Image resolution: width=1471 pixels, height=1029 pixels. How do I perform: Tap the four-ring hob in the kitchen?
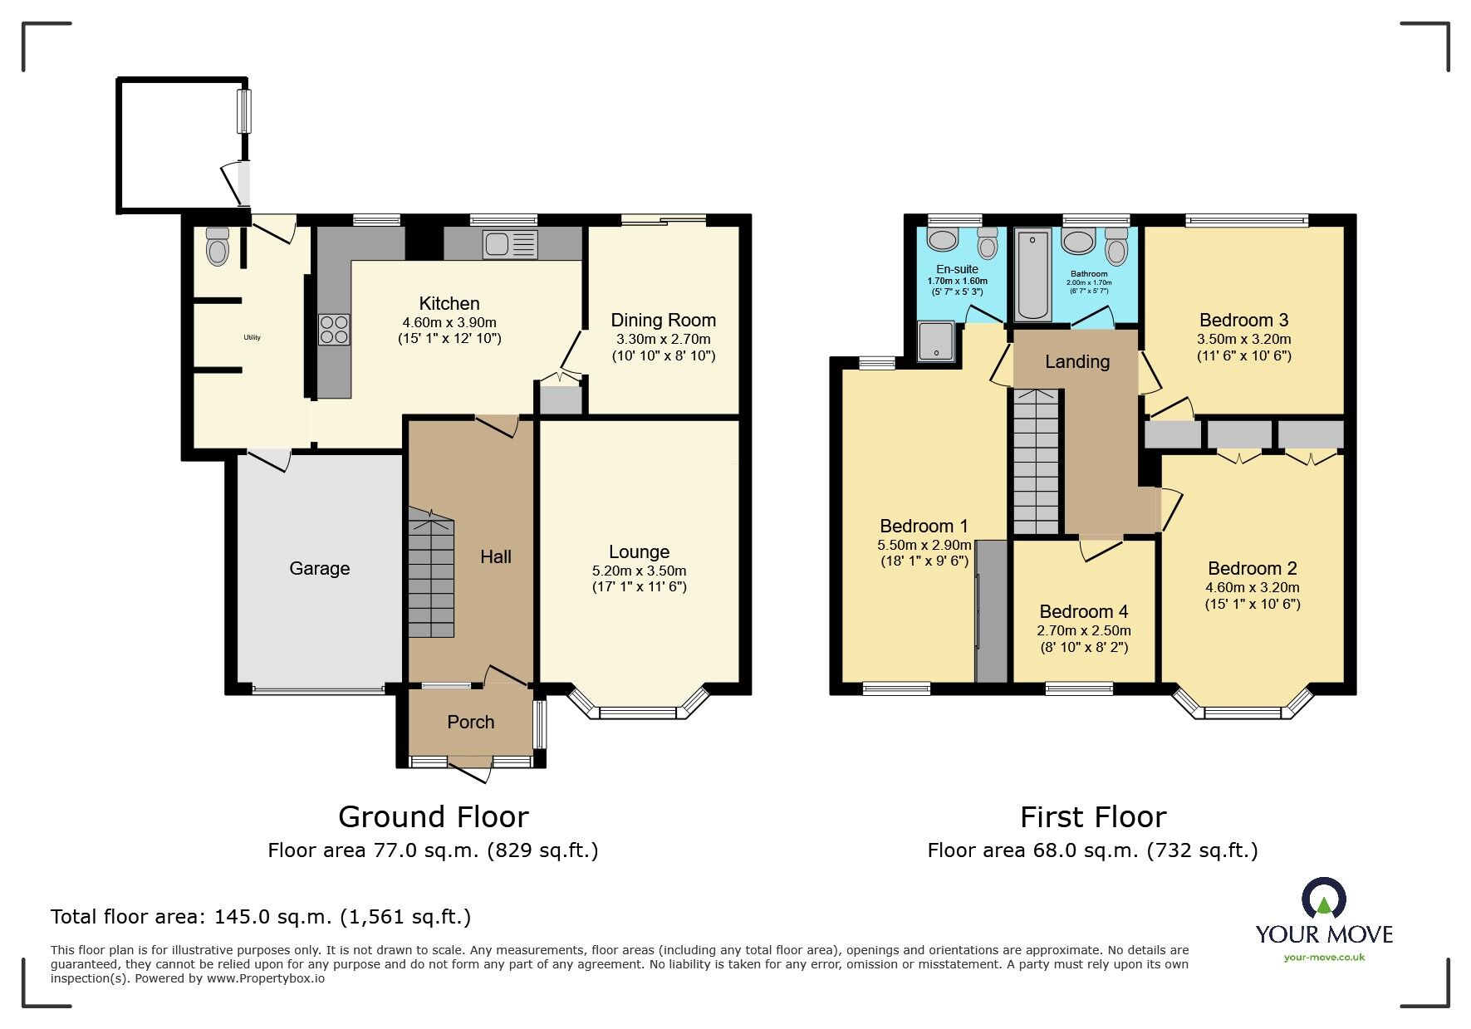(x=334, y=329)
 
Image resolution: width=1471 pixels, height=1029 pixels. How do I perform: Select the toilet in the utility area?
(x=218, y=246)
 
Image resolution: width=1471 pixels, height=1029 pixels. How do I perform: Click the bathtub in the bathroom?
(x=1033, y=276)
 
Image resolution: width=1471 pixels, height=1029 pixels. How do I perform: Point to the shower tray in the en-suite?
(x=937, y=341)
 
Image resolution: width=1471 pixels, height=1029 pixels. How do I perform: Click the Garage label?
(x=320, y=569)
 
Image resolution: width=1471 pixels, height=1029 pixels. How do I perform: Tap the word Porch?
(x=471, y=723)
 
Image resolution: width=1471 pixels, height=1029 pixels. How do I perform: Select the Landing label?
(x=1077, y=362)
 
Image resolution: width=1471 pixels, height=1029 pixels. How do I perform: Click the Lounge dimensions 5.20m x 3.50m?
(x=640, y=571)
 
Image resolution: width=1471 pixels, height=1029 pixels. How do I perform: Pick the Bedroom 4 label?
(x=1084, y=612)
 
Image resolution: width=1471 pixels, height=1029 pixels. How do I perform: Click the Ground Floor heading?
(x=434, y=817)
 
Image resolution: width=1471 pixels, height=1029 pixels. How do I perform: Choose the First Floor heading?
(x=1093, y=817)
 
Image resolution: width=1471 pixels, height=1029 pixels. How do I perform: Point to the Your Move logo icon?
(x=1324, y=899)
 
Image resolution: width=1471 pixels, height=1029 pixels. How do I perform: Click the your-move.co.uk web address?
(x=1324, y=958)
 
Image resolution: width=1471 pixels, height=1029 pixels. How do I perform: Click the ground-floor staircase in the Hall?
(x=431, y=573)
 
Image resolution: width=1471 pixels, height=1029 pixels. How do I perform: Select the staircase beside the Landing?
(x=1036, y=462)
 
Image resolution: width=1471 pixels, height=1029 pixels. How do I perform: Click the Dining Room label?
(x=664, y=321)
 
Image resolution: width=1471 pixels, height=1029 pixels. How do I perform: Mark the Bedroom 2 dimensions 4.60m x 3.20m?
(x=1253, y=588)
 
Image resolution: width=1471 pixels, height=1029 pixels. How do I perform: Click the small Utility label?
(x=253, y=337)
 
